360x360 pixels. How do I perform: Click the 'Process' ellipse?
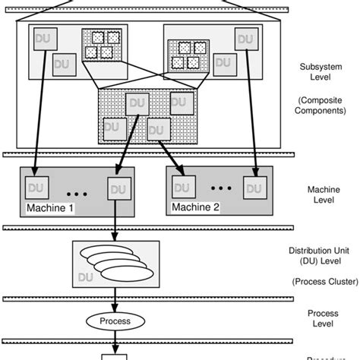click(115, 321)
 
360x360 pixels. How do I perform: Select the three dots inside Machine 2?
click(220, 188)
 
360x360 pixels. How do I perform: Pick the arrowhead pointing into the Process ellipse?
click(115, 308)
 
